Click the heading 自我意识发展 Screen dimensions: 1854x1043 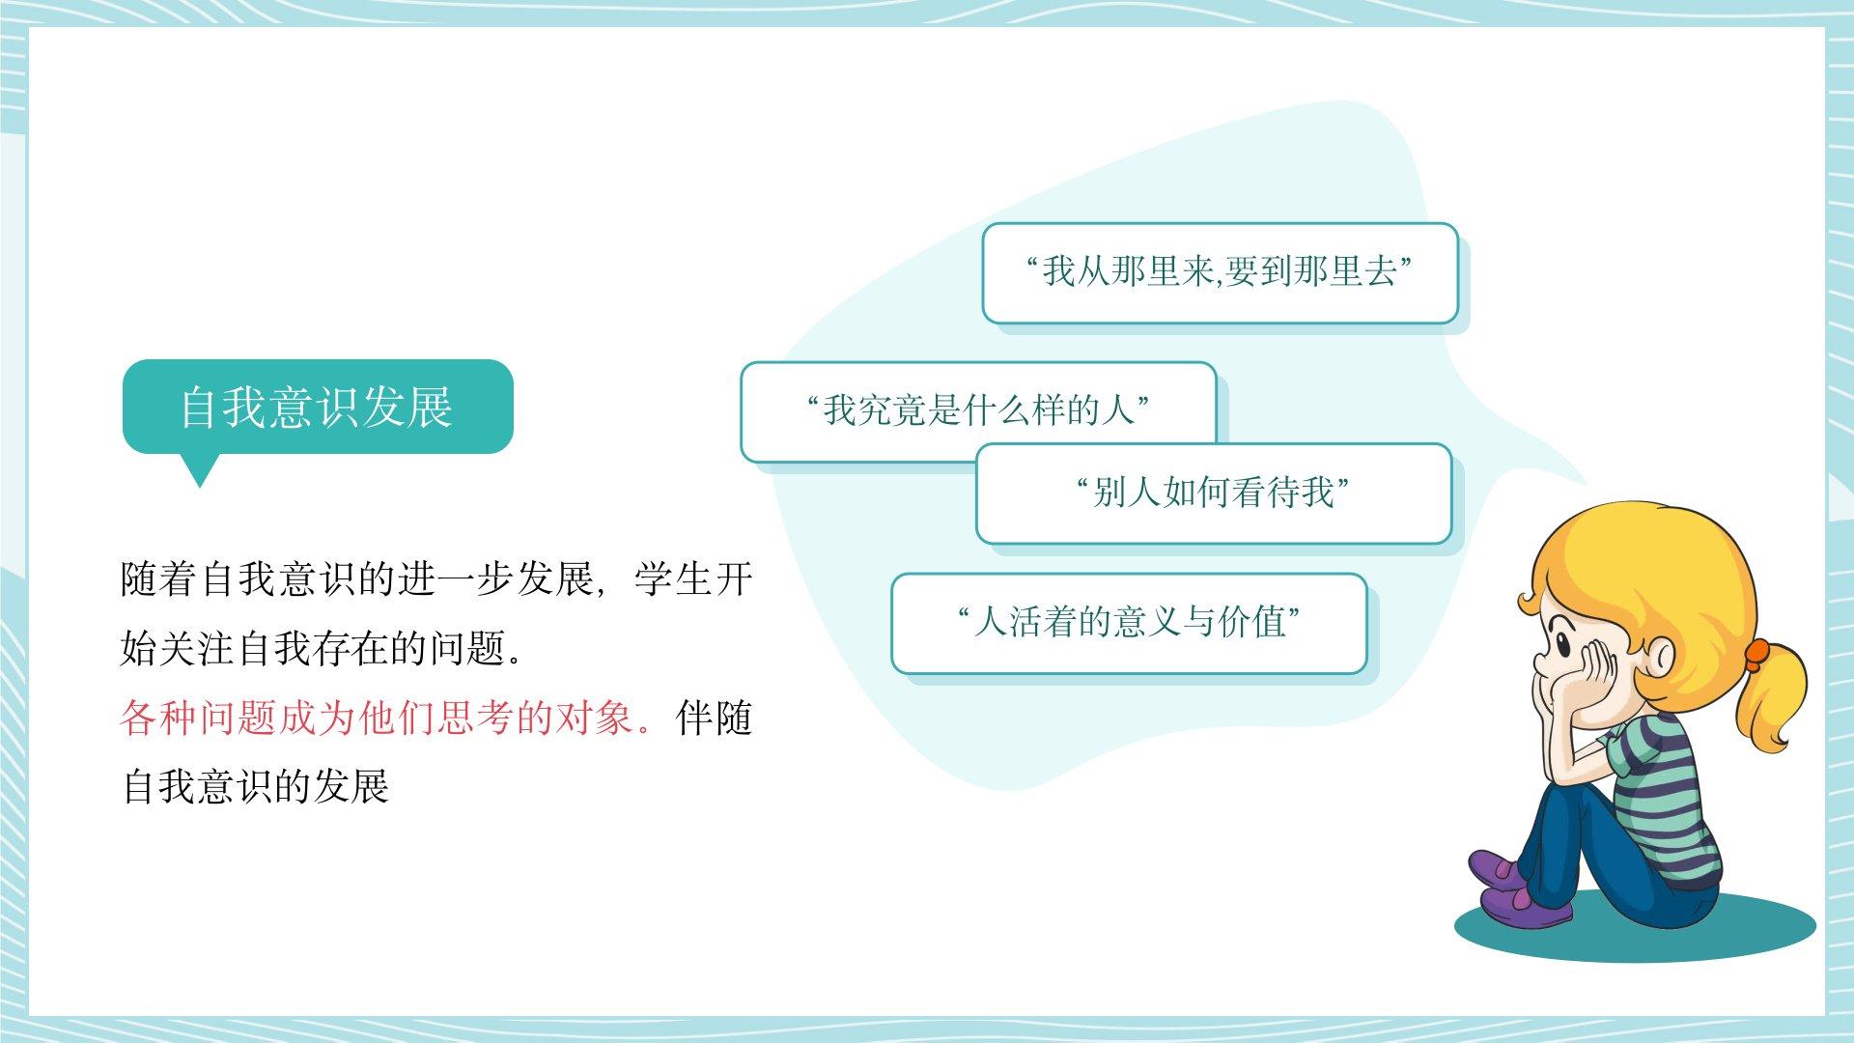tap(317, 407)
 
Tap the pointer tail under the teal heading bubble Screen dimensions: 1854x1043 tap(201, 470)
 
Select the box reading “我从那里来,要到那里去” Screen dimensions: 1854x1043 tap(1220, 273)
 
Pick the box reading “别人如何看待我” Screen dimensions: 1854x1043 tap(1214, 493)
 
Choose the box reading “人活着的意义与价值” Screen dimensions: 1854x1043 tap(1129, 623)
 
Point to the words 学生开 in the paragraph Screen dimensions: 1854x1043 tap(693, 579)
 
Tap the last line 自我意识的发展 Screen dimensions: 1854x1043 tap(255, 787)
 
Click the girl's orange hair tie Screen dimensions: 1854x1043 tap(1756, 654)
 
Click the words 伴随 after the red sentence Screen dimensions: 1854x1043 tap(715, 719)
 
